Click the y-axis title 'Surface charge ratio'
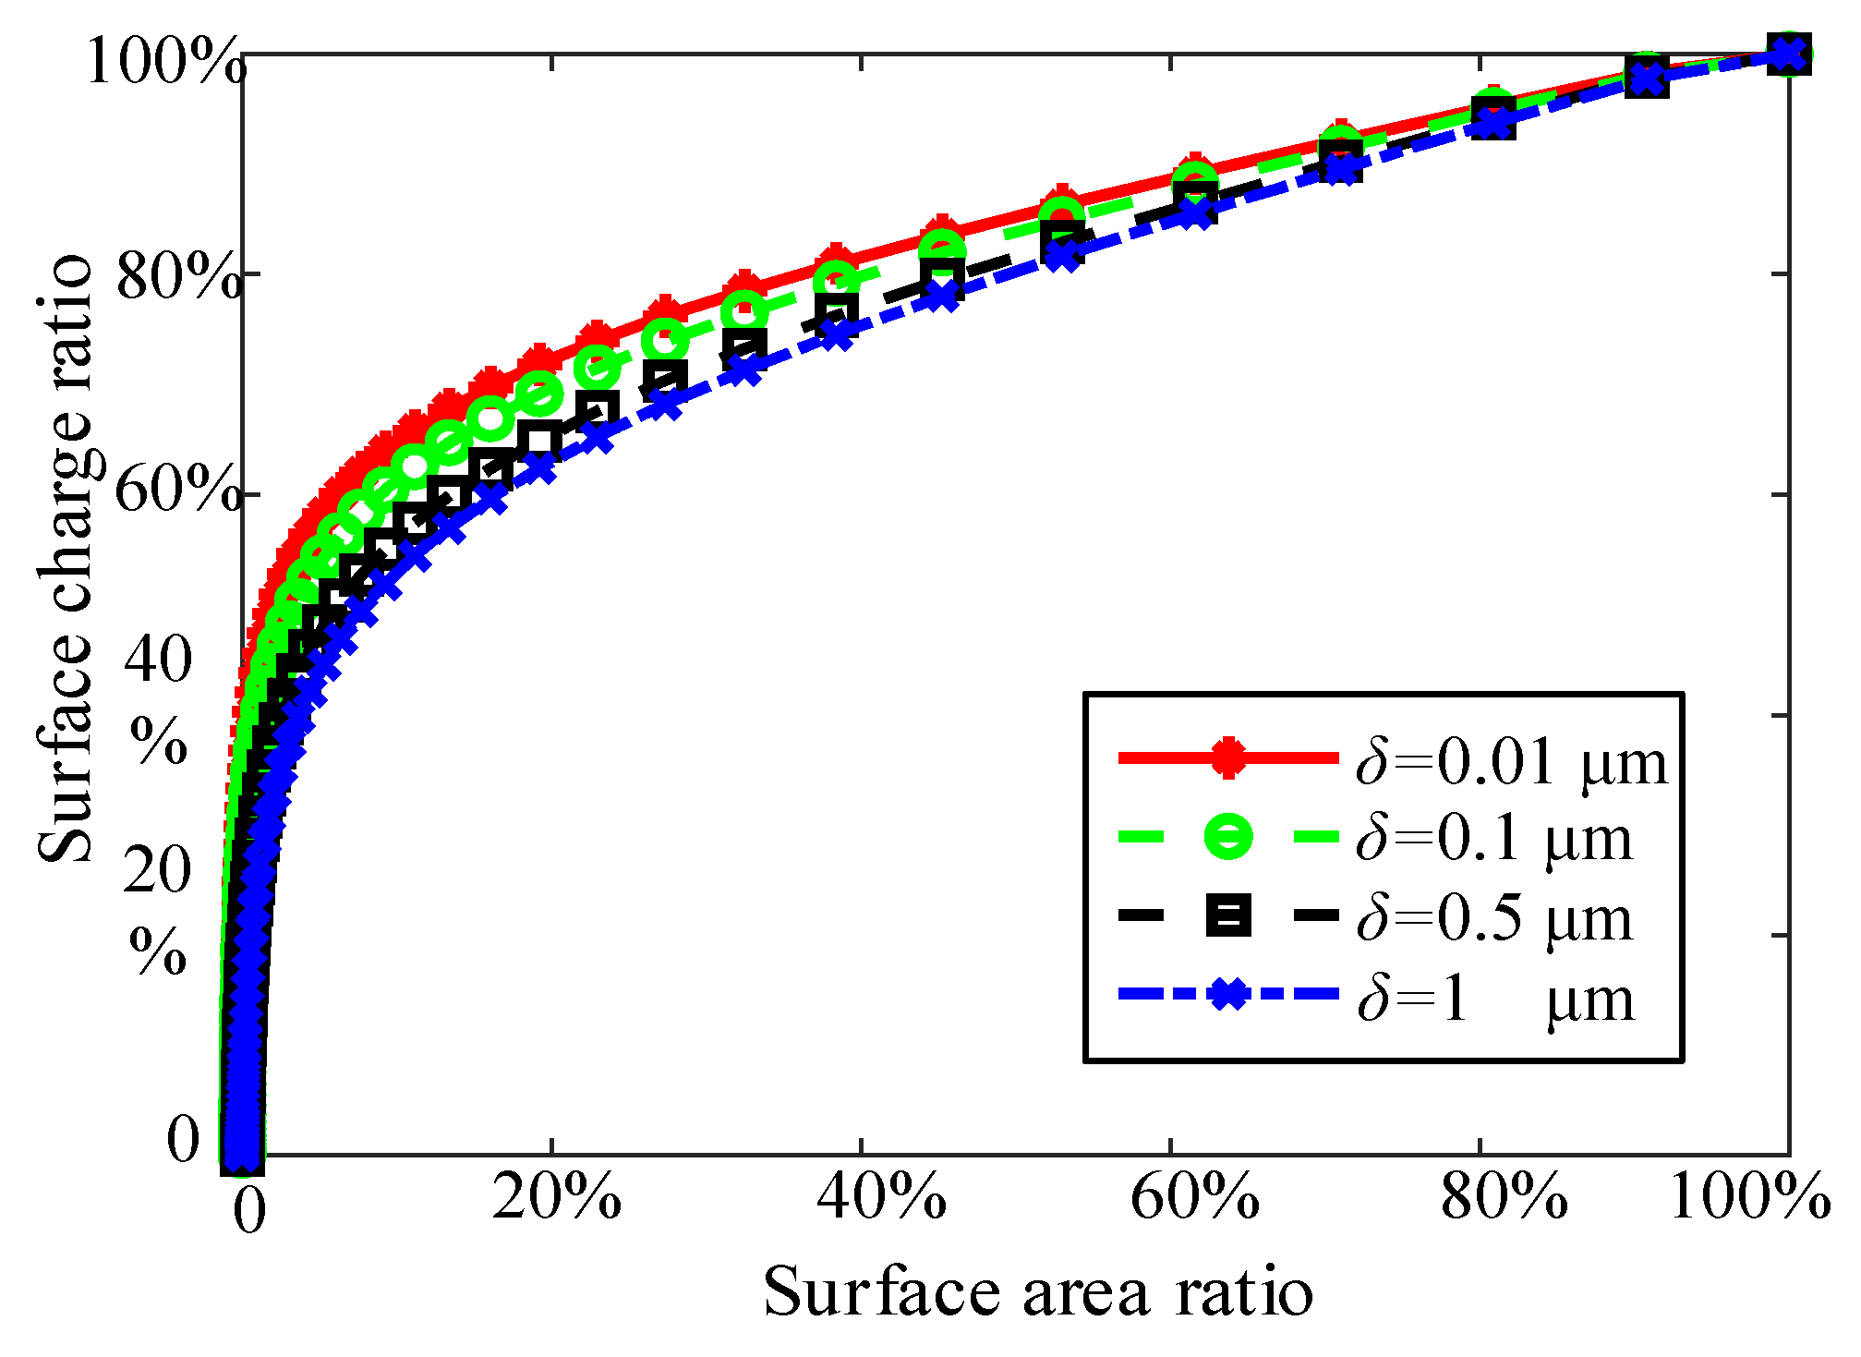click(x=65, y=559)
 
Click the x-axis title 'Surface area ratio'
click(x=1038, y=1292)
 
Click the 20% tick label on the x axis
click(x=557, y=1198)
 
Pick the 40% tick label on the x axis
click(x=882, y=1198)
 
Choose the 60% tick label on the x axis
click(x=1195, y=1198)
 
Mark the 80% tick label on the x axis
click(x=1505, y=1198)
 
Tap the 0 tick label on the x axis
click(x=249, y=1211)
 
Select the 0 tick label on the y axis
click(x=183, y=1139)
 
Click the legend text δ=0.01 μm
click(x=1512, y=763)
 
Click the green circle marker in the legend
click(x=1228, y=836)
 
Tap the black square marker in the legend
click(x=1228, y=915)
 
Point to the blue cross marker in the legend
click(x=1228, y=994)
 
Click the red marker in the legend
click(x=1228, y=757)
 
